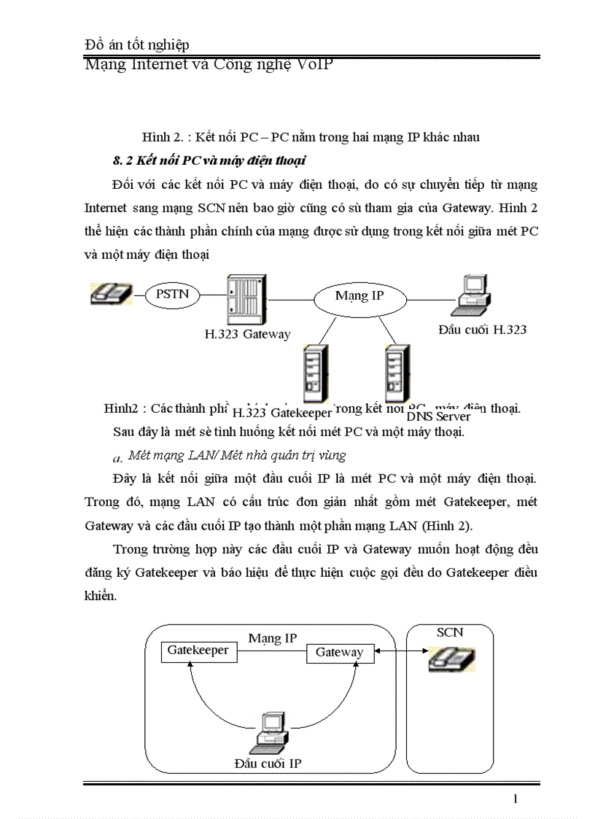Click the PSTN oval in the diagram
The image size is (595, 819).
coord(173,295)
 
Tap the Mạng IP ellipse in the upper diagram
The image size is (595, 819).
coord(359,296)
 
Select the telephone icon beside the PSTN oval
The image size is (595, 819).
coord(111,294)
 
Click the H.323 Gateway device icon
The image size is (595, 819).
coord(246,300)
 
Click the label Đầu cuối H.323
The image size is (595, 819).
coord(482,330)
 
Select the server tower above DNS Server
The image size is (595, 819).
coord(396,374)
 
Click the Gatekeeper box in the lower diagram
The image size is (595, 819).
coord(198,651)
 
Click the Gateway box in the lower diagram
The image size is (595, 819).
coord(339,653)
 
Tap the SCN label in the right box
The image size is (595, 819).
coord(449,632)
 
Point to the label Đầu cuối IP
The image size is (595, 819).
coord(268,764)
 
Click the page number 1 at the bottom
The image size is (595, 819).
coord(516,799)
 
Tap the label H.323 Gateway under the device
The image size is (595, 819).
coord(247,335)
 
